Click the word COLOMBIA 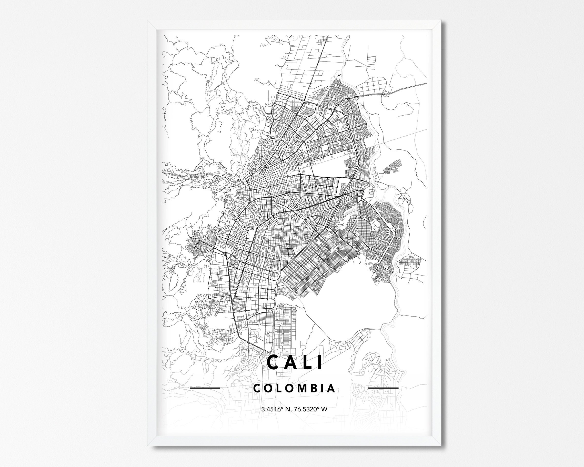pyautogui.click(x=295, y=388)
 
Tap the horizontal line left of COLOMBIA pyautogui.click(x=205, y=388)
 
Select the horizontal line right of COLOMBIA pyautogui.click(x=384, y=388)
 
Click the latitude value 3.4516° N pyautogui.click(x=276, y=409)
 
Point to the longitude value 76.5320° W pyautogui.click(x=311, y=409)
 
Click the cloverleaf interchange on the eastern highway pyautogui.click(x=386, y=94)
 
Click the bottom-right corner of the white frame pyautogui.click(x=441, y=446)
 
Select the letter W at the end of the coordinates pyautogui.click(x=325, y=409)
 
